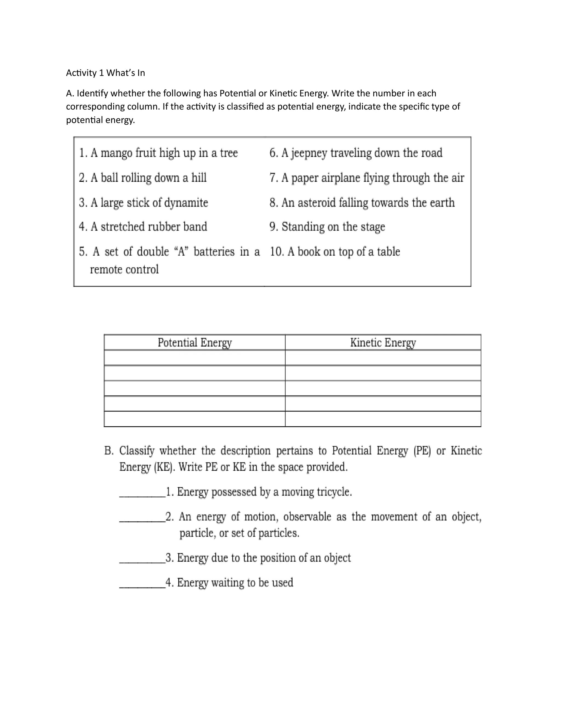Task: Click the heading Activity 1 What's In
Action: (x=105, y=73)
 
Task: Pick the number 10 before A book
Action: (x=276, y=252)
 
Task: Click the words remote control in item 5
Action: (x=124, y=269)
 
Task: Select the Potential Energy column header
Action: (x=194, y=342)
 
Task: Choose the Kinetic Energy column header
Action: (x=383, y=342)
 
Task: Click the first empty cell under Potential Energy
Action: (x=194, y=358)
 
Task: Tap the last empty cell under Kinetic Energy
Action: (x=383, y=419)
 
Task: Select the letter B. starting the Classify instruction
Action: (x=109, y=451)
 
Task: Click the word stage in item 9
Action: (x=372, y=227)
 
